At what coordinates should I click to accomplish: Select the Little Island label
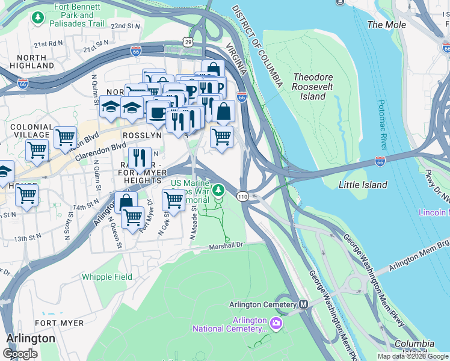pyautogui.click(x=363, y=185)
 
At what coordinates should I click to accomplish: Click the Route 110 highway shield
pyautogui.click(x=242, y=196)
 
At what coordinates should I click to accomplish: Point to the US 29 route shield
pyautogui.click(x=188, y=42)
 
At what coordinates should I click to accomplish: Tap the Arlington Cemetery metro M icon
pyautogui.click(x=303, y=304)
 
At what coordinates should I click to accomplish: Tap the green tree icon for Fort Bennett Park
pyautogui.click(x=39, y=17)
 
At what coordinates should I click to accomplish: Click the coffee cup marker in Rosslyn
pyautogui.click(x=158, y=112)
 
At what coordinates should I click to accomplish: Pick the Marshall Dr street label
pyautogui.click(x=226, y=245)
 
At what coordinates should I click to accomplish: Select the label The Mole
pyautogui.click(x=386, y=25)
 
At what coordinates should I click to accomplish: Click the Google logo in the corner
pyautogui.click(x=20, y=353)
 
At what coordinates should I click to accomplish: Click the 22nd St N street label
pyautogui.click(x=126, y=26)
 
